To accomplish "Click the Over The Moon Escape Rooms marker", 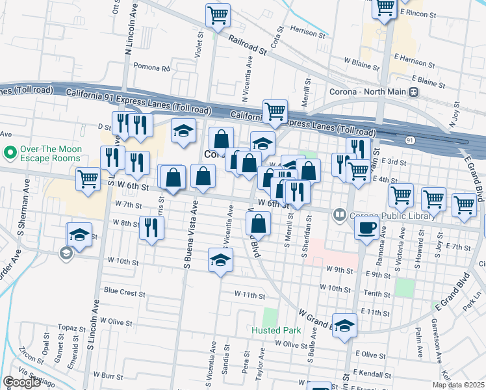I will click(x=10, y=153).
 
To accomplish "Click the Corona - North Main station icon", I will click(x=413, y=92).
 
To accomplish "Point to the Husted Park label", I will click(x=276, y=330).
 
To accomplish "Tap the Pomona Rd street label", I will click(x=151, y=67).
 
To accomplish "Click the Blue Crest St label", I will click(x=124, y=293).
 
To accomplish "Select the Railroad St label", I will click(x=248, y=45).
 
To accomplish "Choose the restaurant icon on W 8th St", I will click(x=152, y=227).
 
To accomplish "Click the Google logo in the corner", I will click(x=21, y=382).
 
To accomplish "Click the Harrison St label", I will click(x=307, y=31).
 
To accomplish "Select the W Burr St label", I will click(x=108, y=375).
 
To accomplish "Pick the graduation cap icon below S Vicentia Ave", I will click(x=220, y=260).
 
